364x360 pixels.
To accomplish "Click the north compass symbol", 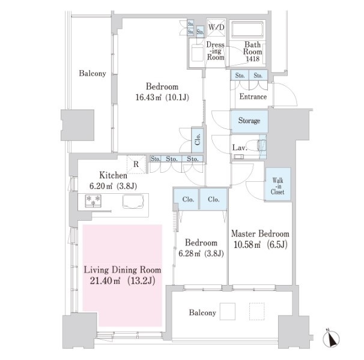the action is [x=332, y=338].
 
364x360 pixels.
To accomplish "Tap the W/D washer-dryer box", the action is [x=216, y=28].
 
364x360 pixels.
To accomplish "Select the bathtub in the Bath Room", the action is [x=247, y=29].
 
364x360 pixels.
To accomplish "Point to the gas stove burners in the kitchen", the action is [x=93, y=201].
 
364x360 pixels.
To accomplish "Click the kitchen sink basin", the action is [x=133, y=202].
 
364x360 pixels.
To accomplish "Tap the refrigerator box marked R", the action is [x=136, y=164].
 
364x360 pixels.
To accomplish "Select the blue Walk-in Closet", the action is [x=278, y=184].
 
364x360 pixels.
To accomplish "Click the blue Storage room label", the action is [x=249, y=121].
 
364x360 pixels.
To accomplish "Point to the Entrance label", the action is [x=253, y=97].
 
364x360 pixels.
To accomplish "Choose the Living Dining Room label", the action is [x=123, y=270].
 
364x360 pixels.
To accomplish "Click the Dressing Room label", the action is [x=216, y=51].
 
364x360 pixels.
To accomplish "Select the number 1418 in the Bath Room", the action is [x=252, y=59].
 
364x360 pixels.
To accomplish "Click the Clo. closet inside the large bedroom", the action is [x=198, y=139].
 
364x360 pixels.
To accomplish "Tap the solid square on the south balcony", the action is [x=228, y=311].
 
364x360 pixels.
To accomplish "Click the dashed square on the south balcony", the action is [x=256, y=311].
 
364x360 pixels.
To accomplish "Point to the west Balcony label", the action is [x=93, y=73].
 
